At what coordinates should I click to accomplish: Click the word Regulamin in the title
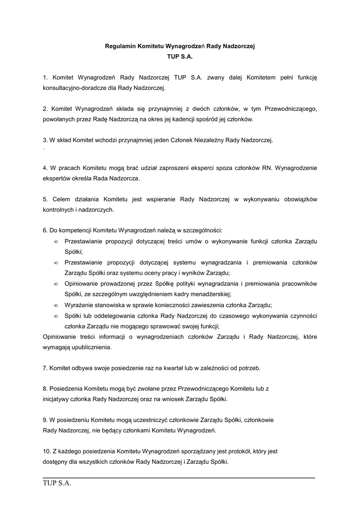tap(120, 46)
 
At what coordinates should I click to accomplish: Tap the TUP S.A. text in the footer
tap(57, 484)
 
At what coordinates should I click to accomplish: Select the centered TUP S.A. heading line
tap(180, 57)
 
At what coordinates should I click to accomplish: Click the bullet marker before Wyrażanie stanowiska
tap(56, 305)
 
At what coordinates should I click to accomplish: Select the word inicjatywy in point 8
tap(57, 399)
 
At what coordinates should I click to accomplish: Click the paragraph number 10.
tap(47, 451)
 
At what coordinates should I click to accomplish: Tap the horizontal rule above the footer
tap(179, 478)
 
